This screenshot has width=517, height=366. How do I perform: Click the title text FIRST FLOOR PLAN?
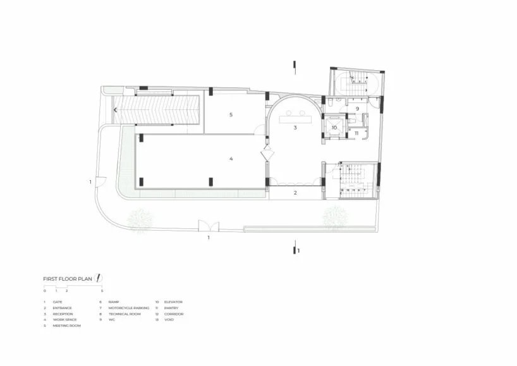68,278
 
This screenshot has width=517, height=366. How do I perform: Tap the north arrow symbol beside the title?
100,278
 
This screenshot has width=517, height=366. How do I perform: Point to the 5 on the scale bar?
102,291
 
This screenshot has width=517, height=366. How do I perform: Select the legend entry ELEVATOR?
173,302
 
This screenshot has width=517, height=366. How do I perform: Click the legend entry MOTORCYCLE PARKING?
129,308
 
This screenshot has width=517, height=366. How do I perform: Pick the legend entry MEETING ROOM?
66,326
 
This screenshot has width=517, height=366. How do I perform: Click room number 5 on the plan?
231,114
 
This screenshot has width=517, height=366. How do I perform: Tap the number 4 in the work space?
231,158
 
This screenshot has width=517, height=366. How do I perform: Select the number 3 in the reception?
295,128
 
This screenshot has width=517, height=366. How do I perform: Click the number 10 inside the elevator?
334,127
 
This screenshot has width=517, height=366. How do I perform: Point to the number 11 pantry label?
356,133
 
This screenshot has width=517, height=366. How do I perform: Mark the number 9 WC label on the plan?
357,109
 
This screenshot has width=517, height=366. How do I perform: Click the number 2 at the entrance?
295,193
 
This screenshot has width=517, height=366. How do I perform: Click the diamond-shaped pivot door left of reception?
266,154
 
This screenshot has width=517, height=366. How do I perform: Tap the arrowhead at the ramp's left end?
115,110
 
